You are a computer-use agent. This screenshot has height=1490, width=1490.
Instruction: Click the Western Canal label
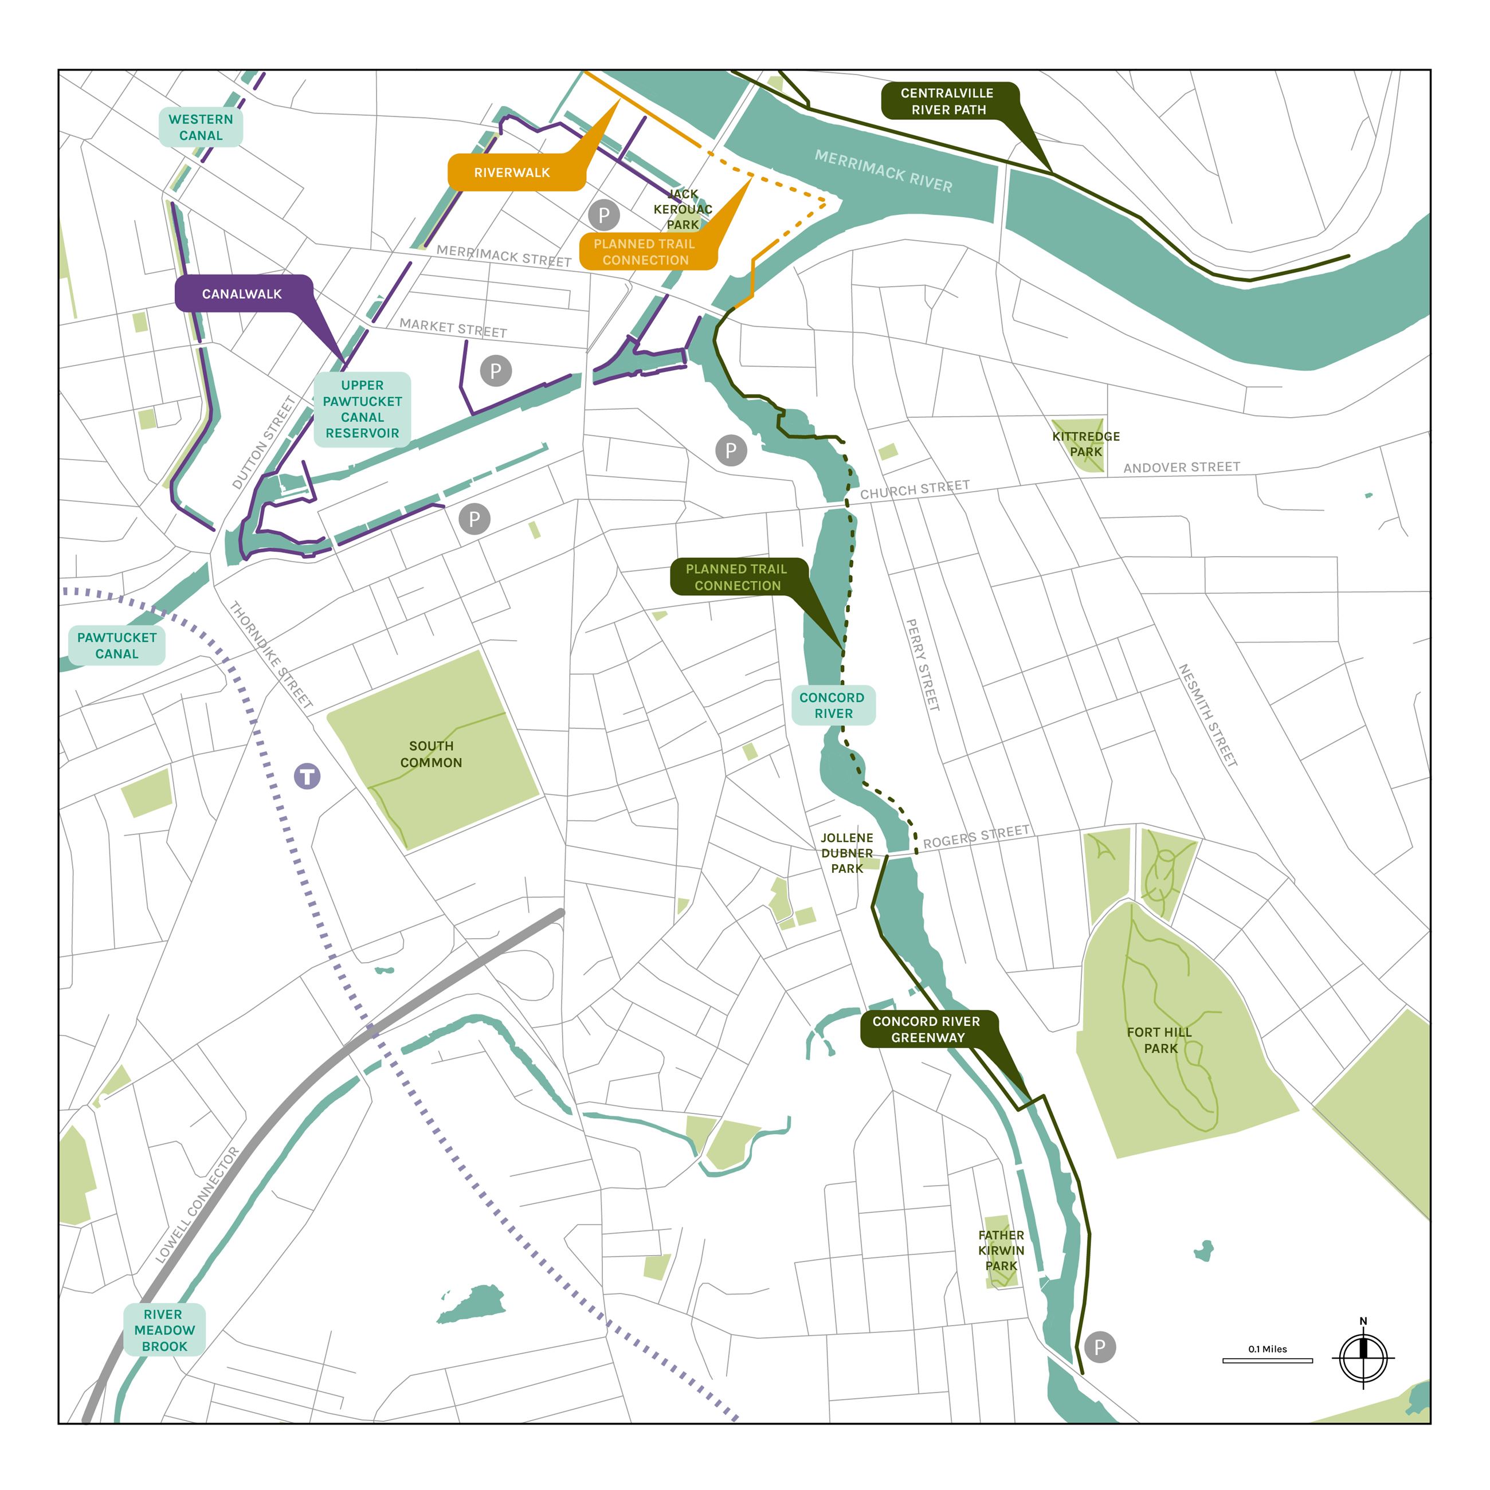(201, 127)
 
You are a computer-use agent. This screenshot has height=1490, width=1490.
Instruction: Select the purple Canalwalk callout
(242, 294)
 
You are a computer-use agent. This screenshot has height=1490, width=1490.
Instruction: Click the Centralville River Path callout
(948, 101)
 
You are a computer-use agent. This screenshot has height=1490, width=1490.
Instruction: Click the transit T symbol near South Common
(307, 776)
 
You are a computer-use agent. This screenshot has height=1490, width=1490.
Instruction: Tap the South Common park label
(431, 754)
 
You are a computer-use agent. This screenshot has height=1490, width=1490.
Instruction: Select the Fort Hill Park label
(1159, 1040)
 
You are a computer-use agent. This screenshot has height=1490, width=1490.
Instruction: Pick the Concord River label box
(833, 705)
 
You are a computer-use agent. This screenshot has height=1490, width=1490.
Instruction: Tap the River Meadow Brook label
(164, 1330)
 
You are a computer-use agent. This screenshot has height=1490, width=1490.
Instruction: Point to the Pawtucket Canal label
(116, 645)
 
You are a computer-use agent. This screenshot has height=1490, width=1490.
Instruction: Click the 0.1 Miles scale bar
(1267, 1360)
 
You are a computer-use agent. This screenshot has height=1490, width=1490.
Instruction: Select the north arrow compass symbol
(1363, 1358)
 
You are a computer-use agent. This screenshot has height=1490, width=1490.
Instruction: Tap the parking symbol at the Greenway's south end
(1100, 1347)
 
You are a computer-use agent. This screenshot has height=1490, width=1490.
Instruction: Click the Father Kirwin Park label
(1001, 1250)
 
